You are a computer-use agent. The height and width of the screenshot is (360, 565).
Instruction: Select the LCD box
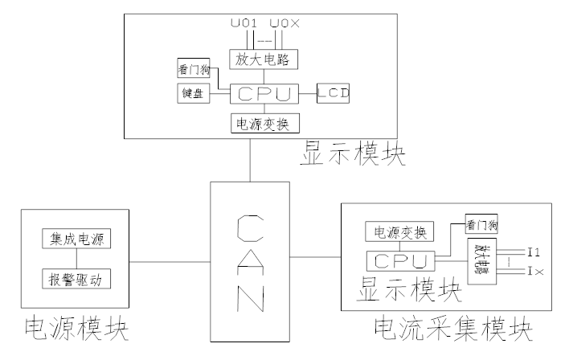point(334,92)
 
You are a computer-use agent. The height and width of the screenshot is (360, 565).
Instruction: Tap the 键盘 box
point(194,93)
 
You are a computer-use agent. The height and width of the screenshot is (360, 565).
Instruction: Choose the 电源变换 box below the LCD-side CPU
point(264,124)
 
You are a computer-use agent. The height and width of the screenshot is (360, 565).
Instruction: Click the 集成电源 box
point(77,239)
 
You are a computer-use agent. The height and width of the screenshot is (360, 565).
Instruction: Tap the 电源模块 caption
point(77,330)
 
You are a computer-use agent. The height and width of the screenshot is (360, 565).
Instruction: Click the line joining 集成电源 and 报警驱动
point(77,259)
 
